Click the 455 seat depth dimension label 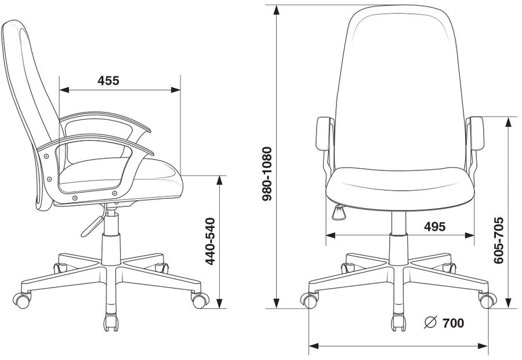(108, 81)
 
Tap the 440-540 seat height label (210, 241)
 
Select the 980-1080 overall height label (267, 174)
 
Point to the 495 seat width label (434, 227)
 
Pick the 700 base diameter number (453, 323)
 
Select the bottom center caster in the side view (111, 322)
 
